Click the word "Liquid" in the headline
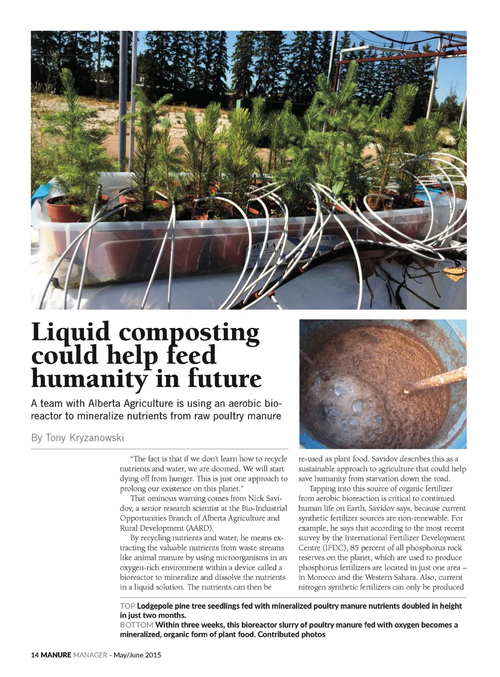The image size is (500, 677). point(71,332)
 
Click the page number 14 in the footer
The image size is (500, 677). point(35,655)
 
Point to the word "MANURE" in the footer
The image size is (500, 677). point(56,655)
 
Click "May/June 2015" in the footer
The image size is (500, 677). point(137,655)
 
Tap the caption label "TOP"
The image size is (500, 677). point(127,606)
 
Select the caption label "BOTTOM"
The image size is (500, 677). point(136,625)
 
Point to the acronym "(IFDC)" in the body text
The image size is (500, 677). point(334,548)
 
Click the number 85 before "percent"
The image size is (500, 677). point(354,548)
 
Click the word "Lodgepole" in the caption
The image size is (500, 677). point(154,606)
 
